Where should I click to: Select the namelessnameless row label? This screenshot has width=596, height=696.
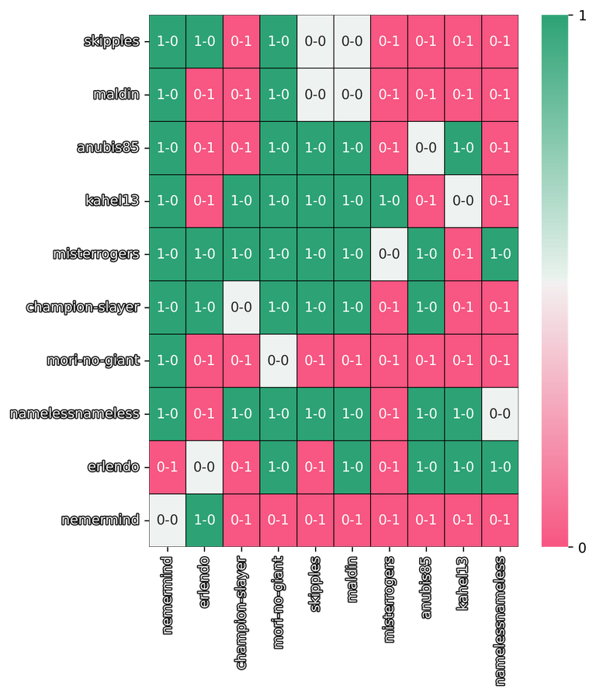coord(74,413)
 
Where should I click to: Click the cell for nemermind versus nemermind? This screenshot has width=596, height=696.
coord(167,520)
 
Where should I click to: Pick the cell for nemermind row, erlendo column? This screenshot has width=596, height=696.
coord(204,520)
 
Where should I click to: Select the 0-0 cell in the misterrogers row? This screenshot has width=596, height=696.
coord(389,254)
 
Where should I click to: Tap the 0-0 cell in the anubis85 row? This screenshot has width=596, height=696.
coord(426,148)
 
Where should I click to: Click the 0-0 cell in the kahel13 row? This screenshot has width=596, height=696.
coord(463,200)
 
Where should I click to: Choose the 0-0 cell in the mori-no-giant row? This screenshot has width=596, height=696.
coord(278,360)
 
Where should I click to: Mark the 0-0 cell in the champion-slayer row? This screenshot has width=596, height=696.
coord(241,307)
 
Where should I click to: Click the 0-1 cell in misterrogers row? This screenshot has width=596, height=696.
coord(463,254)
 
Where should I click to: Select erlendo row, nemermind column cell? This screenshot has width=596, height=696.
coord(167,467)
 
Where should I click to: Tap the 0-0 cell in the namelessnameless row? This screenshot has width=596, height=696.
coord(501,413)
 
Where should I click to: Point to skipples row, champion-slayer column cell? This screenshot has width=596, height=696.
coord(241,41)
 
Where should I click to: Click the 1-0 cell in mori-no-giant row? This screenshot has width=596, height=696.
coord(167,360)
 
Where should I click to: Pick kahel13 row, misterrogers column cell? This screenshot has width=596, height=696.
coord(389,200)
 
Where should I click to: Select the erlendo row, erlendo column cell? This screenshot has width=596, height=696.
coord(204,467)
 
